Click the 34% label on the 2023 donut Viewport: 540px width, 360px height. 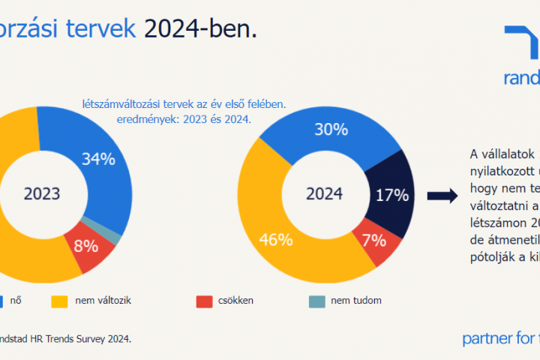pyautogui.click(x=99, y=159)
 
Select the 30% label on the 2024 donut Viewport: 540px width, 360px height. pyautogui.click(x=331, y=130)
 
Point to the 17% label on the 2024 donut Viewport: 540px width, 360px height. pyautogui.click(x=391, y=195)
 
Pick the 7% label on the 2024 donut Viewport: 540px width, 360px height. pyautogui.click(x=373, y=241)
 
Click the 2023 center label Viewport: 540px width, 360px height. pyautogui.click(x=42, y=193)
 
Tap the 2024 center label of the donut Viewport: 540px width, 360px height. pyautogui.click(x=324, y=193)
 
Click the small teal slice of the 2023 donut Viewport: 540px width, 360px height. pyautogui.click(x=113, y=229)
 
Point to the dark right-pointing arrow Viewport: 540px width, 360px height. pyautogui.click(x=442, y=196)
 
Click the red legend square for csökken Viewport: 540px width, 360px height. pyautogui.click(x=203, y=301)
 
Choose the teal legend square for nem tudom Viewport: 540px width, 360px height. pyautogui.click(x=316, y=301)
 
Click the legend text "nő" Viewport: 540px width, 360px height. pyautogui.click(x=14, y=301)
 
